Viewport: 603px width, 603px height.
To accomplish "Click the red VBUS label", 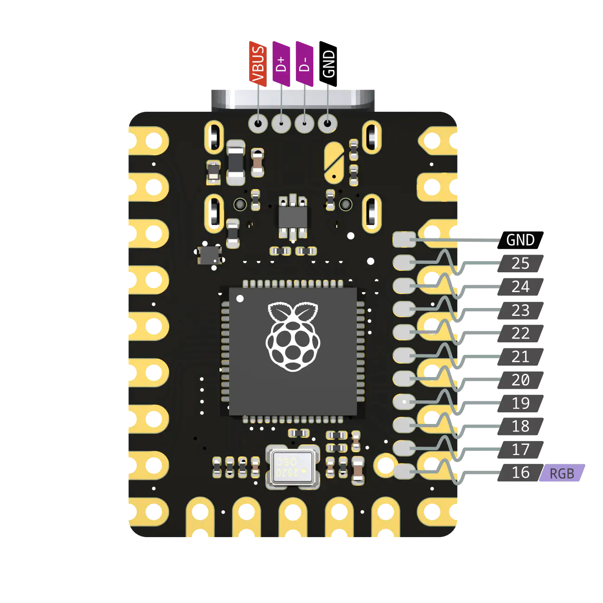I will pos(258,64).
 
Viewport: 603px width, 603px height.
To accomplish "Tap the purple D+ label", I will pos(281,64).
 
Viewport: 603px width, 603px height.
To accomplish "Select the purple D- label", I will pos(304,64).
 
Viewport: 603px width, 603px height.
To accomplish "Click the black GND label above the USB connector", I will pos(328,64).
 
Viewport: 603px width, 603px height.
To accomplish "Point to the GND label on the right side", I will pos(520,240).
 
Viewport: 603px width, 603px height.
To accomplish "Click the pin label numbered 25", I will pos(520,263).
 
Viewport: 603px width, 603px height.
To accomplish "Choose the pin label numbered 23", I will pos(520,310).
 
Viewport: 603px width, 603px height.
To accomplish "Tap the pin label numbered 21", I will pos(520,357).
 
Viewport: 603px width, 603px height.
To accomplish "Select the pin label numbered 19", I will pos(520,403).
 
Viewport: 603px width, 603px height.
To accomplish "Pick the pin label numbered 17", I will pos(520,449).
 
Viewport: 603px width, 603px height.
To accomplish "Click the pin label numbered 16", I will pos(520,473).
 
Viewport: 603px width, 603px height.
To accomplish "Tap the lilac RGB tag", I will pos(562,474).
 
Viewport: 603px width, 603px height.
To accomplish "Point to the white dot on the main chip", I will pos(240,298).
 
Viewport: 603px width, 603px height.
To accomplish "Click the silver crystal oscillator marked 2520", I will pos(293,467).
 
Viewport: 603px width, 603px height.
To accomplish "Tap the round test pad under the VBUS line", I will pos(258,123).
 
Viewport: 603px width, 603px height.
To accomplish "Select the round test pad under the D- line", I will pos(304,123).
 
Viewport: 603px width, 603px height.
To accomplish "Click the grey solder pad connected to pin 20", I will pos(404,378).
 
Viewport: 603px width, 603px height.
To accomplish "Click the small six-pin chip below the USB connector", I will pos(293,216).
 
